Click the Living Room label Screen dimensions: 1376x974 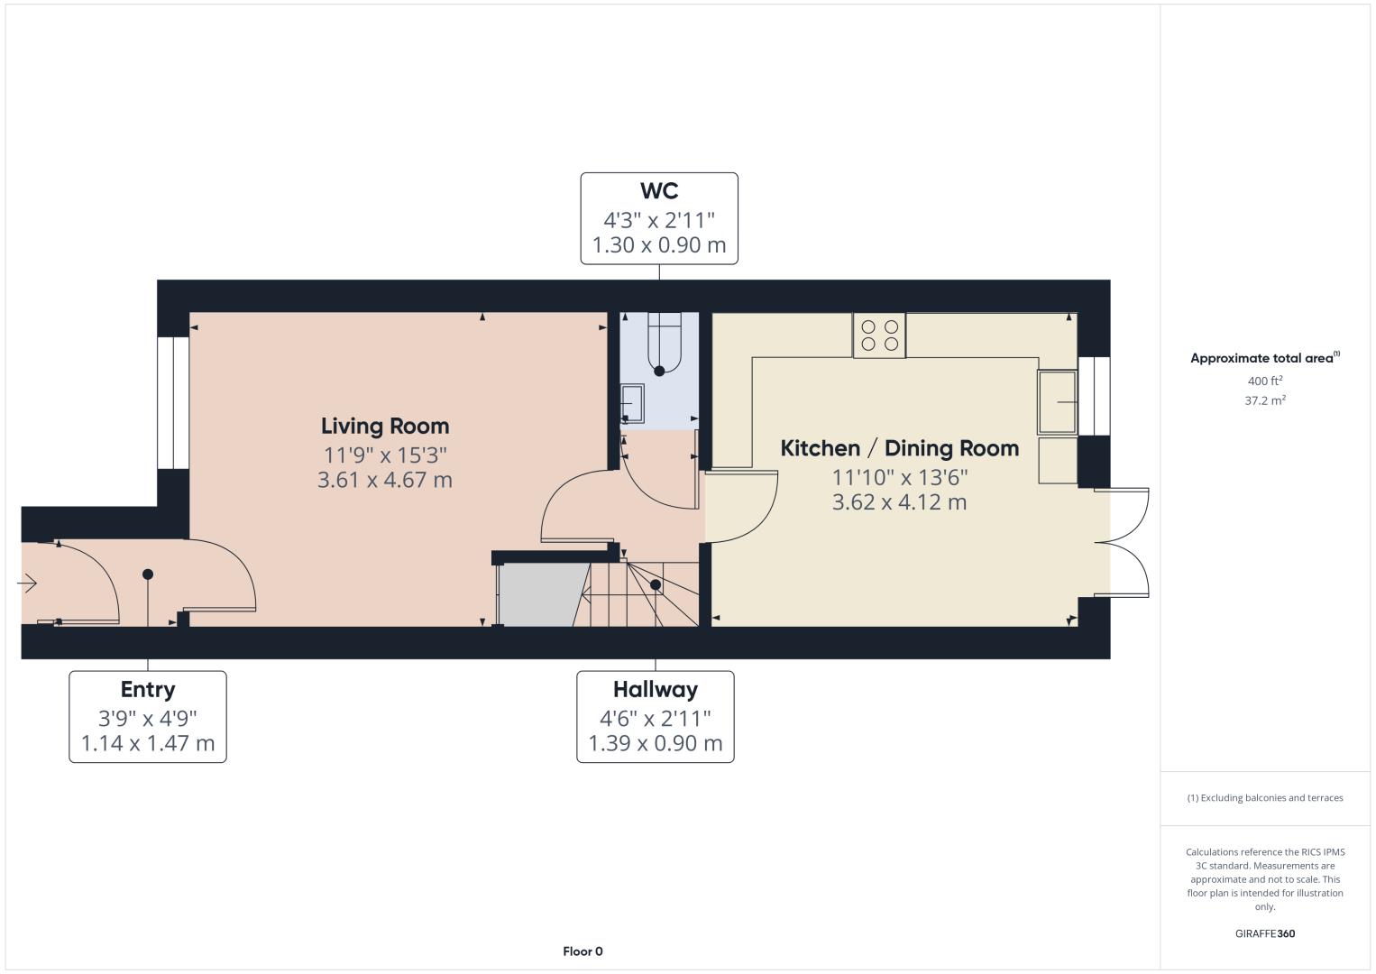tap(385, 426)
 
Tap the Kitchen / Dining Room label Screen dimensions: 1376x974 tap(899, 448)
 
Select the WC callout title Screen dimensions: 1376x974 tap(659, 190)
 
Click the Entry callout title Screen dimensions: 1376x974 tap(148, 690)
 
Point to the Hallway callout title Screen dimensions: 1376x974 tap(656, 690)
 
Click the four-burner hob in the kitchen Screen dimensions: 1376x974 tap(879, 335)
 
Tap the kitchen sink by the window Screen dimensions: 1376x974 tap(1058, 402)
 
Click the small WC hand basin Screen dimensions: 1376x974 tap(632, 404)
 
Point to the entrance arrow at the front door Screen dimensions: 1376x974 tap(27, 583)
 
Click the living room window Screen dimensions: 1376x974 tap(173, 402)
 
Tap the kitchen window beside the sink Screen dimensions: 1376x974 tap(1094, 396)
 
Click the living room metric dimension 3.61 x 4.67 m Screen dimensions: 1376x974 tap(385, 479)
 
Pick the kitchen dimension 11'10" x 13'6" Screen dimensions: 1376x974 tap(899, 477)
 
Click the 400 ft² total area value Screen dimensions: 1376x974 tap(1265, 381)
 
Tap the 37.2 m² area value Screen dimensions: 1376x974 tap(1265, 400)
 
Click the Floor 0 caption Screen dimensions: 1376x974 tap(583, 951)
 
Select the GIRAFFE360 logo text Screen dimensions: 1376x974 tap(1265, 933)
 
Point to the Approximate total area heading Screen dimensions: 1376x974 tap(1265, 358)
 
